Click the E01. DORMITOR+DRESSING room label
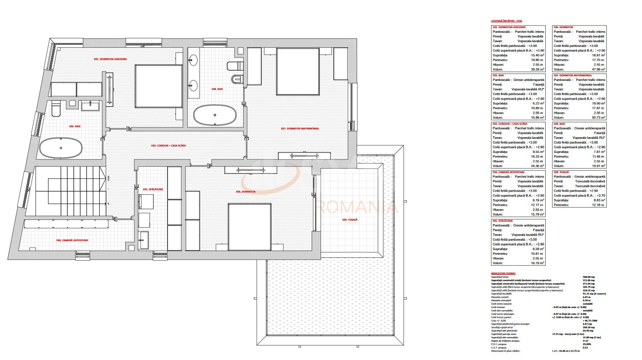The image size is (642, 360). pyautogui.click(x=110, y=59)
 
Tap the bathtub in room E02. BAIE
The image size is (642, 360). pyautogui.click(x=61, y=148)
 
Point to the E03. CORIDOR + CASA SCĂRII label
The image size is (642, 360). pyautogui.click(x=168, y=146)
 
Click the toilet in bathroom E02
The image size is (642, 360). pyautogui.click(x=56, y=109)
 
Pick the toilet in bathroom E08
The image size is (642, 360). pyautogui.click(x=234, y=66)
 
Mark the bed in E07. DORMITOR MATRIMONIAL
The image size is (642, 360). pyautogui.click(x=298, y=72)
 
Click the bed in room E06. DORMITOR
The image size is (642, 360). pyautogui.click(x=250, y=227)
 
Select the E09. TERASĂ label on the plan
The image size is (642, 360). pyautogui.click(x=350, y=220)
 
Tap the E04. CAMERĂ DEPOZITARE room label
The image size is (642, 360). pyautogui.click(x=72, y=240)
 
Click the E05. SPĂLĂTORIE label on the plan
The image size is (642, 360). pyautogui.click(x=153, y=189)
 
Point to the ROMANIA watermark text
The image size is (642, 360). pyautogui.click(x=356, y=207)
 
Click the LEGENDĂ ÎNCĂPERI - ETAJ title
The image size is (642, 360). pyautogui.click(x=506, y=21)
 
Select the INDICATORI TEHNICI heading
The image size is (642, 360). pyautogui.click(x=503, y=274)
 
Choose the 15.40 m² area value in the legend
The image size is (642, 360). pyautogui.click(x=537, y=55)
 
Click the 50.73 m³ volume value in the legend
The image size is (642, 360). pyautogui.click(x=598, y=118)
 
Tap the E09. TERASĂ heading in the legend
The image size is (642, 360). pyautogui.click(x=561, y=172)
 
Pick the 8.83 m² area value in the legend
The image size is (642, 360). pyautogui.click(x=599, y=200)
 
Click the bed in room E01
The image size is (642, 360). pyautogui.click(x=153, y=86)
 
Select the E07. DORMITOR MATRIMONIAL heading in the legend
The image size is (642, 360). pyautogui.click(x=573, y=75)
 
